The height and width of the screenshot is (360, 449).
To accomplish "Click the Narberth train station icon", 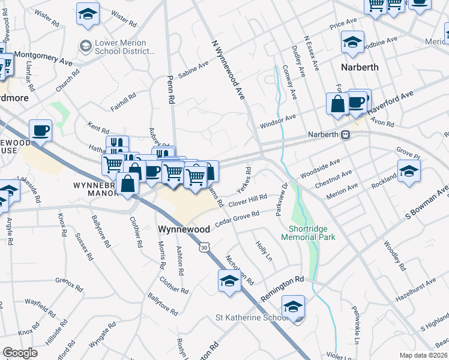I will pos(346,135).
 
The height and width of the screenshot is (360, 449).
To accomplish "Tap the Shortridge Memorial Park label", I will pos(308,232).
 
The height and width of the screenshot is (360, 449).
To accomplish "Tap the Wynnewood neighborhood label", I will pos(184,229).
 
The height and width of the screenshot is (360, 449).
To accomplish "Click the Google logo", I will pos(20,353).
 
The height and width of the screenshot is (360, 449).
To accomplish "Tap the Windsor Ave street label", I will pos(279,121).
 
